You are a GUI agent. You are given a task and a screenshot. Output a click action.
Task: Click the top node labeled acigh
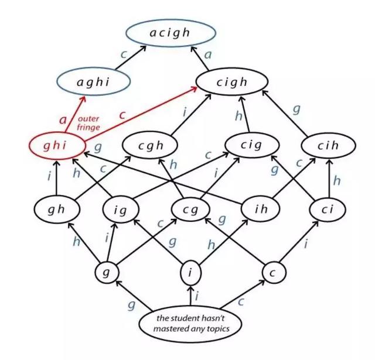point(170,33)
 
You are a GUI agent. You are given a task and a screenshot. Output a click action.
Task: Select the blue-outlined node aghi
point(93,83)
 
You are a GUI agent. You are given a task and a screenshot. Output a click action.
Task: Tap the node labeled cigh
point(231,83)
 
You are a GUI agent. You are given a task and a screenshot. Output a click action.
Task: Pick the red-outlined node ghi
point(56,145)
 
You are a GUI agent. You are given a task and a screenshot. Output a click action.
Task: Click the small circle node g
point(107,272)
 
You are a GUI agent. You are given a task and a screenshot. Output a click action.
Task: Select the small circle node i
point(190,272)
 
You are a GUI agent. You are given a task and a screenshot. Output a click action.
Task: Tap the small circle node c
point(272,272)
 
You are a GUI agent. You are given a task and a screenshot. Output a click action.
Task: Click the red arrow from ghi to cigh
point(141,115)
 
